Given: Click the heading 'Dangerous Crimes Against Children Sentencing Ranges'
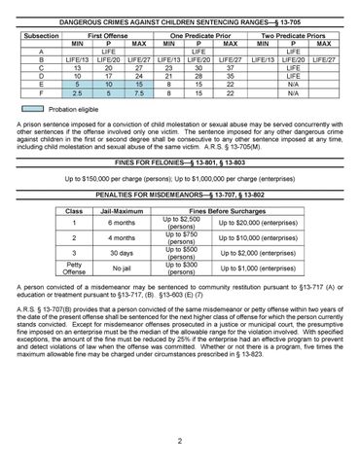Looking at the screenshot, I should pos(180,21).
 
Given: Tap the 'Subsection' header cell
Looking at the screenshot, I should pos(40,34).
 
